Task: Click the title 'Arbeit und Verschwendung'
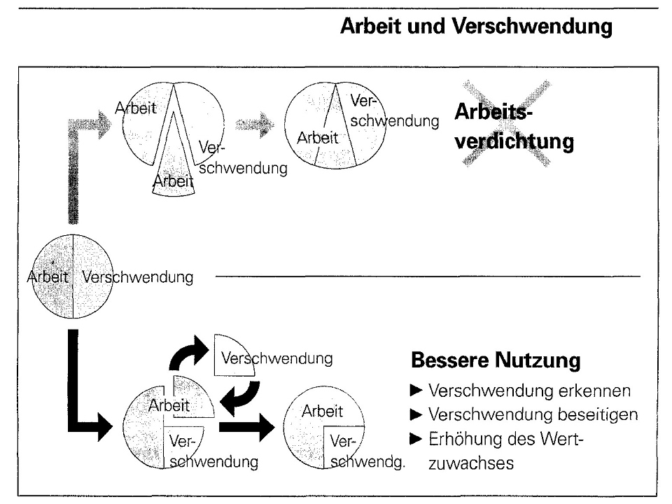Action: [x=476, y=29]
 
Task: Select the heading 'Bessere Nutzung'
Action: [x=495, y=361]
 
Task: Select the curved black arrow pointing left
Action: [x=241, y=398]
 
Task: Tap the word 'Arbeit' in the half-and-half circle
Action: [x=48, y=276]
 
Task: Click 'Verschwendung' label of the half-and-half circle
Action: [x=137, y=276]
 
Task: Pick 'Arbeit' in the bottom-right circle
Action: [x=322, y=411]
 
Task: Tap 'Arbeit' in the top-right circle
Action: [x=317, y=137]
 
